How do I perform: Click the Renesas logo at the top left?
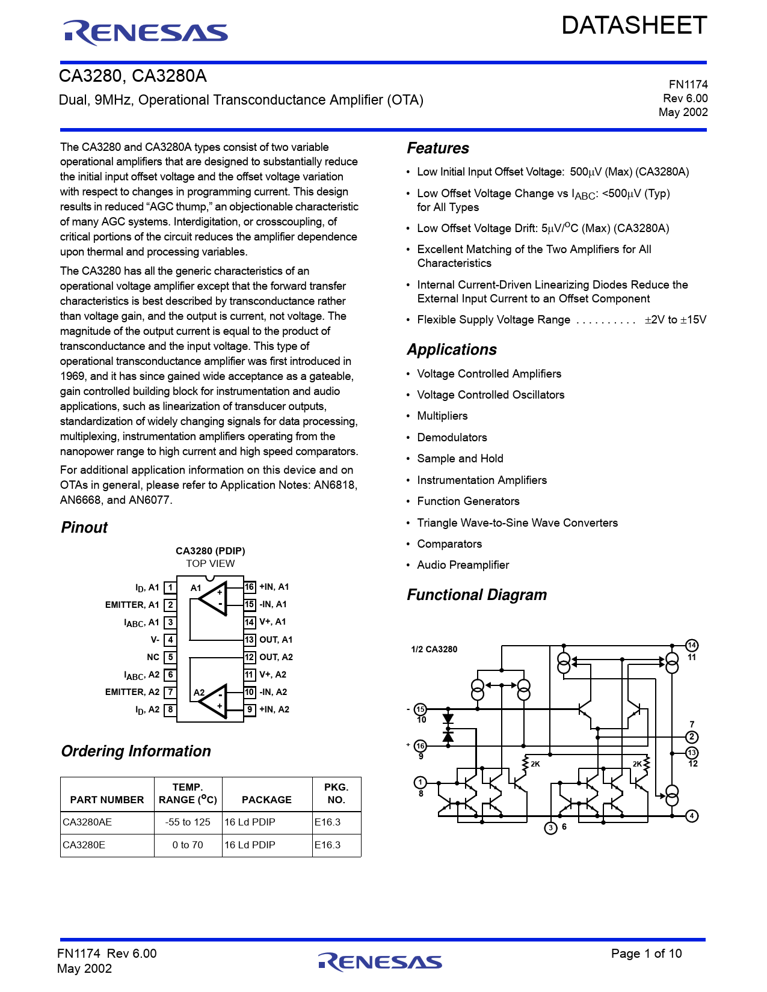point(146,32)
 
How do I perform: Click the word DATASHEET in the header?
point(634,26)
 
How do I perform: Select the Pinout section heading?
point(84,527)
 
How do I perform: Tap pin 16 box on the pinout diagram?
point(250,587)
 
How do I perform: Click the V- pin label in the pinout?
point(155,640)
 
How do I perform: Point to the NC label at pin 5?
point(153,657)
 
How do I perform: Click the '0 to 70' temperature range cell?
point(188,845)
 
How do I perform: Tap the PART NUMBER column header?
point(107,800)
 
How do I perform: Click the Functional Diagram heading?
point(476,595)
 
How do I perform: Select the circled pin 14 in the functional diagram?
point(692,645)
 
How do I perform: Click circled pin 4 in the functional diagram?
point(692,816)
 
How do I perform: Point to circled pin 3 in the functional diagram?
point(550,828)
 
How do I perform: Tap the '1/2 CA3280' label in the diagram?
point(434,649)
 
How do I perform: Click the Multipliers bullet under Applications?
point(442,416)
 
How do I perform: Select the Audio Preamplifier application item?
point(463,565)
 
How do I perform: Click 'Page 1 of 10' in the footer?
point(646,953)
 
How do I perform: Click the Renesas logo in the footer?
point(380,961)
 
